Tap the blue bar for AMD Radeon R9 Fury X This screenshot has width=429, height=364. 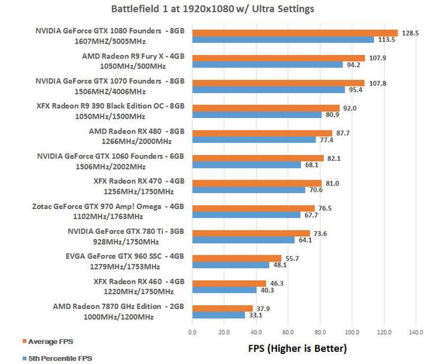(267, 65)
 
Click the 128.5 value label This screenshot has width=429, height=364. (409, 32)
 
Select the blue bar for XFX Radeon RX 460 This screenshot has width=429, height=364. (225, 290)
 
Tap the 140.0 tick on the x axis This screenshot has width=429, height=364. (416, 331)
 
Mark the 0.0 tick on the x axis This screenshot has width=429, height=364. (192, 331)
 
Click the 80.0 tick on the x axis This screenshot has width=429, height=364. (320, 331)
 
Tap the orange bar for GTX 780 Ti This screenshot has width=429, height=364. (251, 233)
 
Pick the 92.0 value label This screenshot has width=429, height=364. (350, 107)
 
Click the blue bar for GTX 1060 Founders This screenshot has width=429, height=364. (247, 164)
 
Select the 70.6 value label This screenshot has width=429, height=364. (315, 190)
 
